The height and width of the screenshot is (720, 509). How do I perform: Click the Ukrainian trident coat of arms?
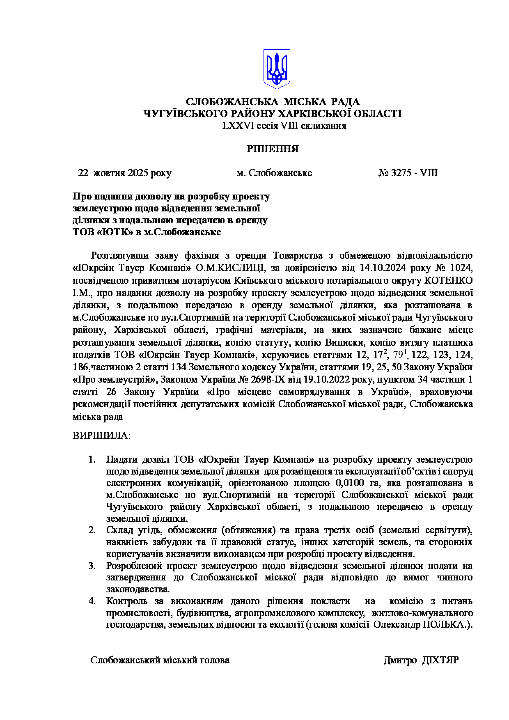276,69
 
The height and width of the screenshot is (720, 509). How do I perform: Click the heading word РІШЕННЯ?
273,149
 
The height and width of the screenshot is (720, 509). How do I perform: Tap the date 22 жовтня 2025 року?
125,173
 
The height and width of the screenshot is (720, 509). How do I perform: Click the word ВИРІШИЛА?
101,436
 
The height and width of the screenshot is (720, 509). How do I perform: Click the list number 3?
92,566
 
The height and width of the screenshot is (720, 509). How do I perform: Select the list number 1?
92,459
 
